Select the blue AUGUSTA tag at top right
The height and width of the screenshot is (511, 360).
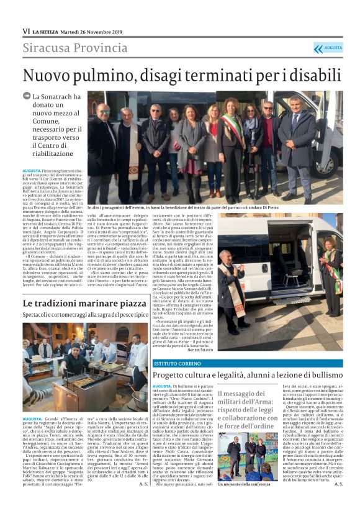328,48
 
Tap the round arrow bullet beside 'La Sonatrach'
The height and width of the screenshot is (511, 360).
27,97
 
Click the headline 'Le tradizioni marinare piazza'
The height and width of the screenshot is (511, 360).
84,303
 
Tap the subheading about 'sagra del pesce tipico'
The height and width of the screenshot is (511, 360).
84,315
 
